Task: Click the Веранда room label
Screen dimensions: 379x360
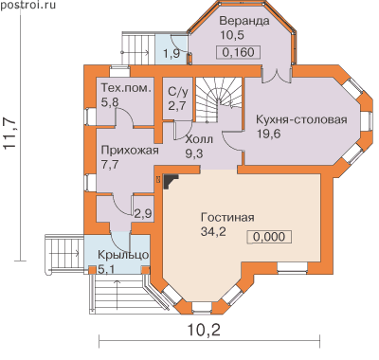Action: click(244, 21)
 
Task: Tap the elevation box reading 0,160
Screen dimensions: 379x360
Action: click(238, 52)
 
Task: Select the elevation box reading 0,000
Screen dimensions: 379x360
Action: click(269, 237)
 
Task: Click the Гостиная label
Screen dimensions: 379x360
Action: click(227, 218)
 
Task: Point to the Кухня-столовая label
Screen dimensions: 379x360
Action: click(301, 120)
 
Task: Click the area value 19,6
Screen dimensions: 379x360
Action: click(268, 134)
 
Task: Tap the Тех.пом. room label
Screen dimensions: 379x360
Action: click(126, 88)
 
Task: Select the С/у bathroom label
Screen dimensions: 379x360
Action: click(178, 92)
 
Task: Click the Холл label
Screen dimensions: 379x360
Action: click(199, 139)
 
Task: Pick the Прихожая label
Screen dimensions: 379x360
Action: click(130, 151)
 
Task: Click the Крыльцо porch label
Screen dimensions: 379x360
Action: click(123, 255)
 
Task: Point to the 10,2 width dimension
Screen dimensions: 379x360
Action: click(204, 330)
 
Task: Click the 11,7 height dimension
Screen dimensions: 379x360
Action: click(10, 133)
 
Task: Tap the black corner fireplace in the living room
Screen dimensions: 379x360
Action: click(171, 181)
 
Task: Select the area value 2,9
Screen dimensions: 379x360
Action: click(143, 213)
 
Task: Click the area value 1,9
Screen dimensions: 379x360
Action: click(171, 53)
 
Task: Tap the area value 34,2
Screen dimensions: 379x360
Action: click(213, 232)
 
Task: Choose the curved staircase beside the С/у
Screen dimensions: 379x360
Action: click(218, 99)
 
